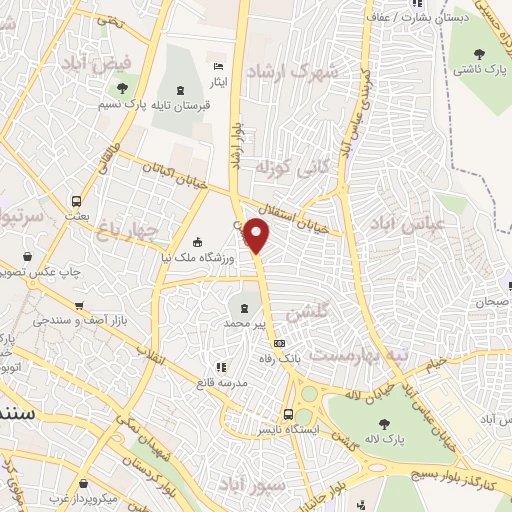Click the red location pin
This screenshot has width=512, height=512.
257,235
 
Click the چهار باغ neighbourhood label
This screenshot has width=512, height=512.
128,232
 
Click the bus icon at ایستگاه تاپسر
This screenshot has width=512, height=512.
288,414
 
